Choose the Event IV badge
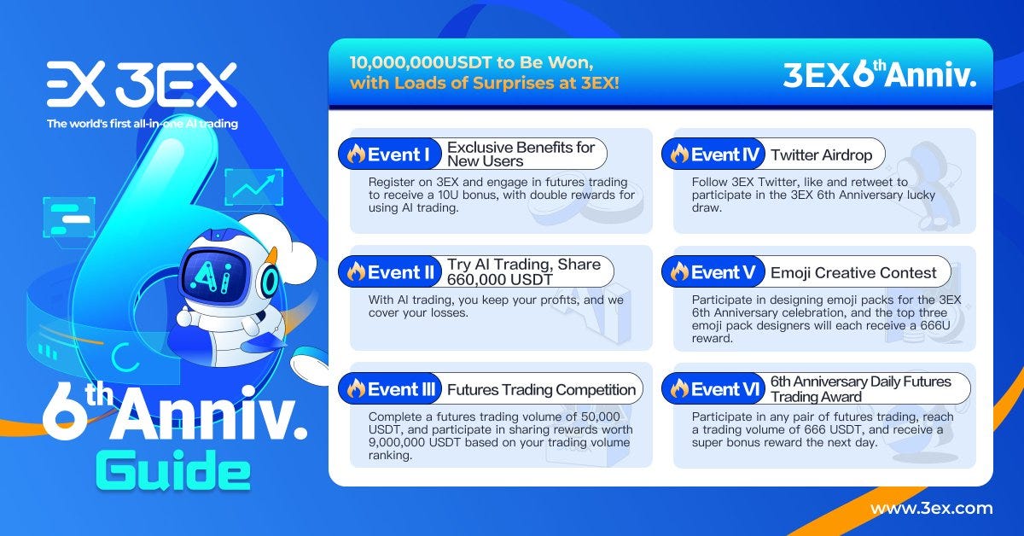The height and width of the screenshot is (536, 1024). coord(713,154)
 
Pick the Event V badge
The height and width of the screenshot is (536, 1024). coord(713,272)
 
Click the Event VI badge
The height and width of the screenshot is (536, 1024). coord(713,389)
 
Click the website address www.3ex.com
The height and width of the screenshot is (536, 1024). coord(931,509)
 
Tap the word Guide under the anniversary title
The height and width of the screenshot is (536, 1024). coord(172,472)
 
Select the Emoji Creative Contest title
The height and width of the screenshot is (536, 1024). coord(853,273)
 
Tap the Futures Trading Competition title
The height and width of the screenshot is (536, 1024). coord(542,390)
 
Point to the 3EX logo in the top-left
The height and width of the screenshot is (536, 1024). coord(142,84)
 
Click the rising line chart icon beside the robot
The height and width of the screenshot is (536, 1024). coord(253,187)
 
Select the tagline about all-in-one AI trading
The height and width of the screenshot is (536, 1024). coord(143,124)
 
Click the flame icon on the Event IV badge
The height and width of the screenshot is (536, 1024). coord(679,154)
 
